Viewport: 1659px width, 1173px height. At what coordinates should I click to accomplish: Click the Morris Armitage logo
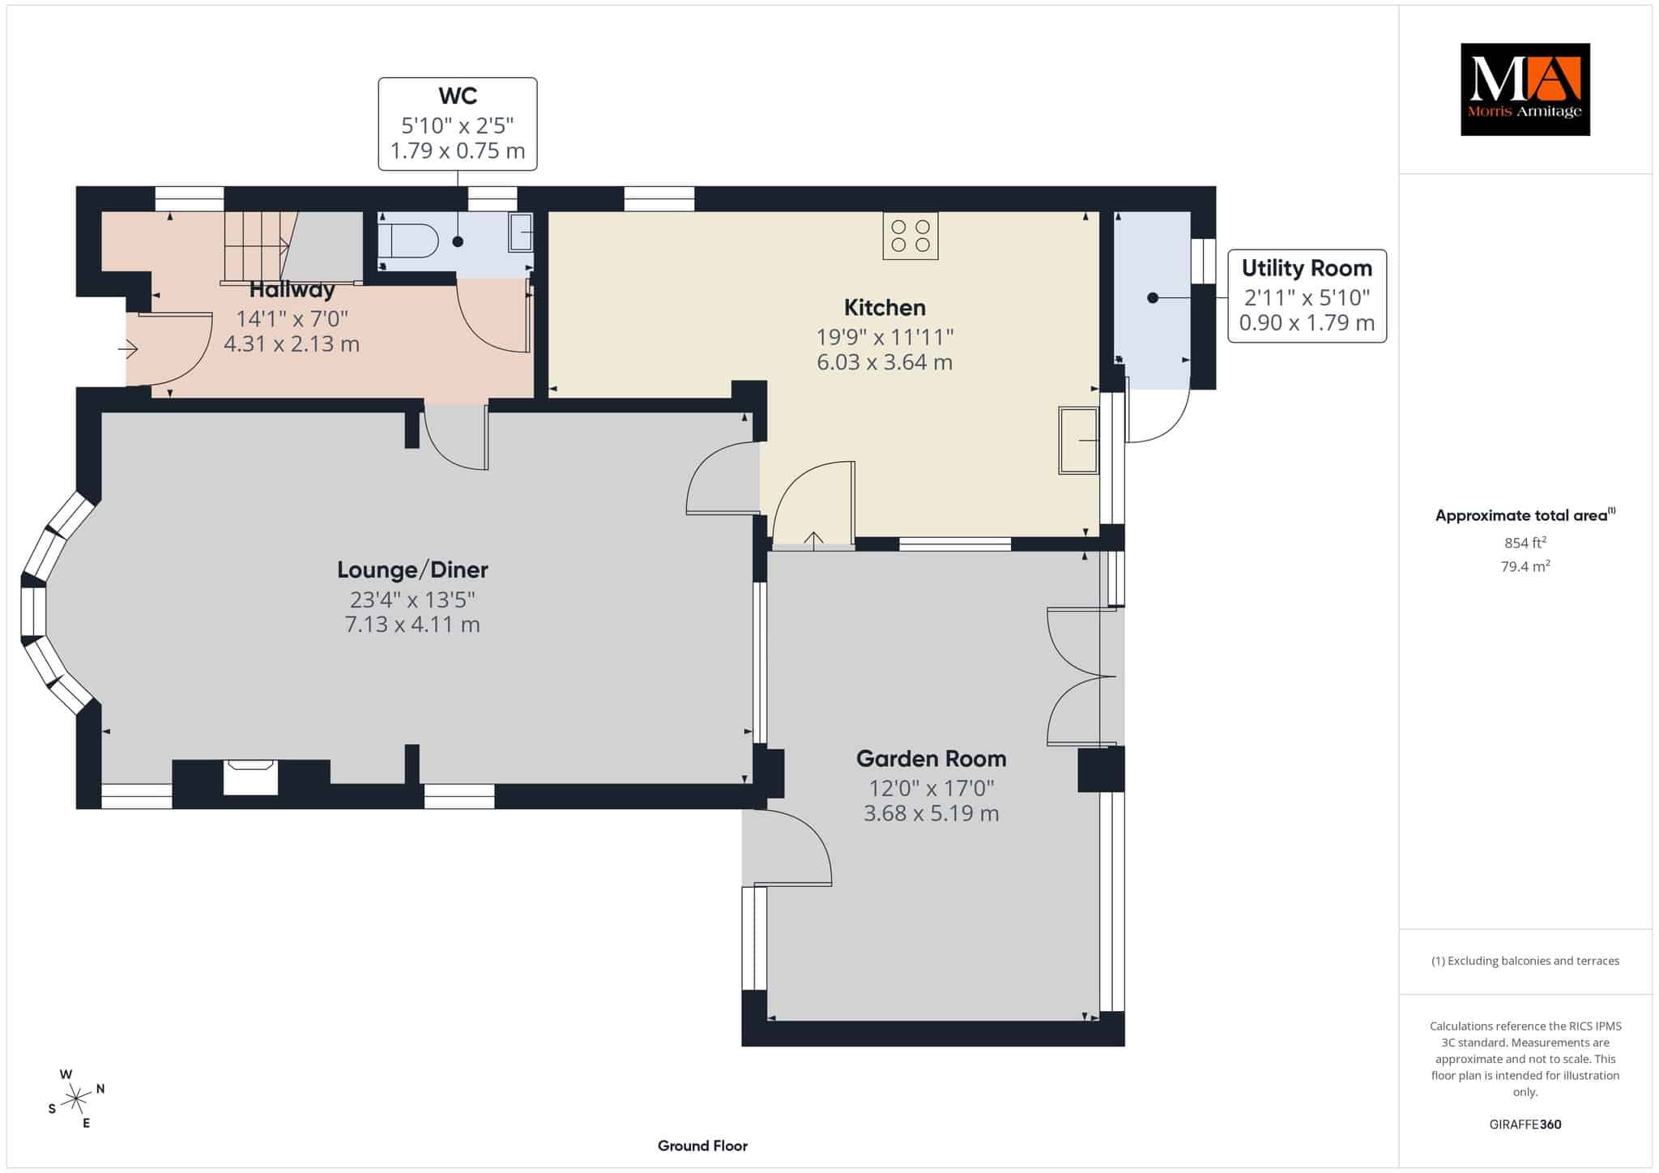pyautogui.click(x=1525, y=89)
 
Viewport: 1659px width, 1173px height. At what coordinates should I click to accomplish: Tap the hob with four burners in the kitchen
pyautogui.click(x=911, y=235)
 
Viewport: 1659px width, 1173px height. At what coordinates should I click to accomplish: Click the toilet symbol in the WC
pyautogui.click(x=409, y=241)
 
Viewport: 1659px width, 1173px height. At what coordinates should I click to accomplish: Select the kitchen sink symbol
pyautogui.click(x=1079, y=440)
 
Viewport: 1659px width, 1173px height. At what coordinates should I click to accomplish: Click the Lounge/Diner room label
pyautogui.click(x=412, y=569)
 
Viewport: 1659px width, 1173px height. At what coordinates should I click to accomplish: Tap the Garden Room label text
pyautogui.click(x=932, y=758)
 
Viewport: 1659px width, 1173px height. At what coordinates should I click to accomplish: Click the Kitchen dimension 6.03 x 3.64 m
pyautogui.click(x=885, y=362)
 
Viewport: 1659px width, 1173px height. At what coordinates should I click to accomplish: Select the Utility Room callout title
pyautogui.click(x=1307, y=268)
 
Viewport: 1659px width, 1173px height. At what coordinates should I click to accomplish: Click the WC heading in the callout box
pyautogui.click(x=458, y=96)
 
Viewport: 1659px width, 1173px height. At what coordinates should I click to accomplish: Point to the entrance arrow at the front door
pyautogui.click(x=128, y=349)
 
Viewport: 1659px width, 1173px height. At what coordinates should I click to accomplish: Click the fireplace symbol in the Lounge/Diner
pyautogui.click(x=251, y=777)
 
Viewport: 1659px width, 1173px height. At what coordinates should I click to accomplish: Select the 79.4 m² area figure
pyautogui.click(x=1525, y=566)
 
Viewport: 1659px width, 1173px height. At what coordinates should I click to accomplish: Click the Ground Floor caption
pyautogui.click(x=702, y=1145)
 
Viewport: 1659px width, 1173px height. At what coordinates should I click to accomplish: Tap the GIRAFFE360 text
pyautogui.click(x=1525, y=1124)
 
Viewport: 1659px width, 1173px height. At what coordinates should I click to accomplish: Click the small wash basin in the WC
pyautogui.click(x=521, y=233)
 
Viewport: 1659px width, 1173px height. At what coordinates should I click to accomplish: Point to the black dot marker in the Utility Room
pyautogui.click(x=1153, y=298)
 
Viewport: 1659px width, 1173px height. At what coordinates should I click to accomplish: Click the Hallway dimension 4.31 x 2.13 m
pyautogui.click(x=292, y=344)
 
